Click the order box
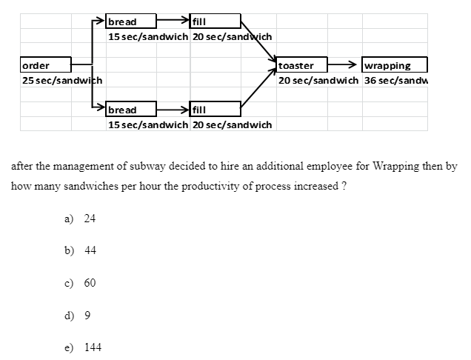tap(45, 65)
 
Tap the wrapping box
tap(395, 65)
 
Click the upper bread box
tap(130, 21)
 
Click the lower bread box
tap(130, 110)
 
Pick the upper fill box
tap(215, 21)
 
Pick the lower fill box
tap(215, 110)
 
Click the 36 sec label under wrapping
tap(395, 79)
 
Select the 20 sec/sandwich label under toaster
tap(318, 79)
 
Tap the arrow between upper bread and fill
tap(172, 21)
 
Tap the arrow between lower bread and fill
tap(172, 110)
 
